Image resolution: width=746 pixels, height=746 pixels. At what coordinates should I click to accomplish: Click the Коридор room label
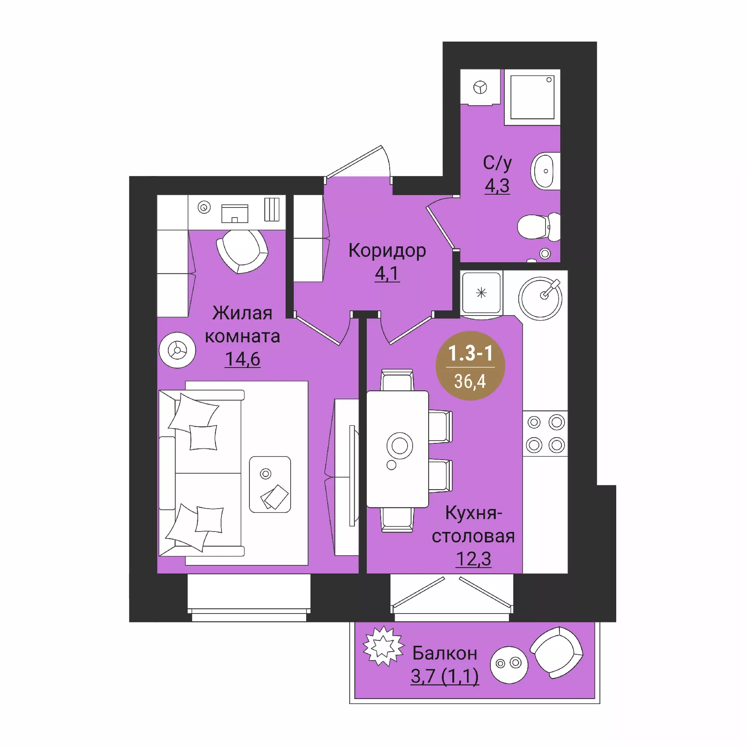tap(387, 251)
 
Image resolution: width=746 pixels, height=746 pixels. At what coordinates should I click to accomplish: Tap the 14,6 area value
tap(243, 359)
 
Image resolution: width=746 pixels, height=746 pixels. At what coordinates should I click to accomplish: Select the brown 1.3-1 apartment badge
tap(471, 366)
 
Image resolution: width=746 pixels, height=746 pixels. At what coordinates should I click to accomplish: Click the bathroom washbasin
tap(545, 171)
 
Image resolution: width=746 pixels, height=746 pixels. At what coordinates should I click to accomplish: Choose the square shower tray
tap(532, 97)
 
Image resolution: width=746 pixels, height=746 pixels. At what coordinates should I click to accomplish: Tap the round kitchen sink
tap(540, 298)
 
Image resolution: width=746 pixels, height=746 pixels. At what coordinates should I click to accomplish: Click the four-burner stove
tap(545, 434)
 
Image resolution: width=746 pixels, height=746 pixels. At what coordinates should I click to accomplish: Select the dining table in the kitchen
tap(397, 449)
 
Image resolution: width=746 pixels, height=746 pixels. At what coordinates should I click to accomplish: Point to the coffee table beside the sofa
tap(270, 485)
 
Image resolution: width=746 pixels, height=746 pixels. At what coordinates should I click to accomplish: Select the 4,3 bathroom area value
tap(497, 186)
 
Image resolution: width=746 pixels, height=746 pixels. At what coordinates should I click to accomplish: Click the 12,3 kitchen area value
tap(474, 559)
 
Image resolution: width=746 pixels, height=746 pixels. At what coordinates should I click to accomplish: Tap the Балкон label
tap(445, 653)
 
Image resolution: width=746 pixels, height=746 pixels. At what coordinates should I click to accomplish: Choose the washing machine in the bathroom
tap(480, 87)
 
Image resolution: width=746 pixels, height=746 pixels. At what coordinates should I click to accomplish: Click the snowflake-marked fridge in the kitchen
tap(481, 293)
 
